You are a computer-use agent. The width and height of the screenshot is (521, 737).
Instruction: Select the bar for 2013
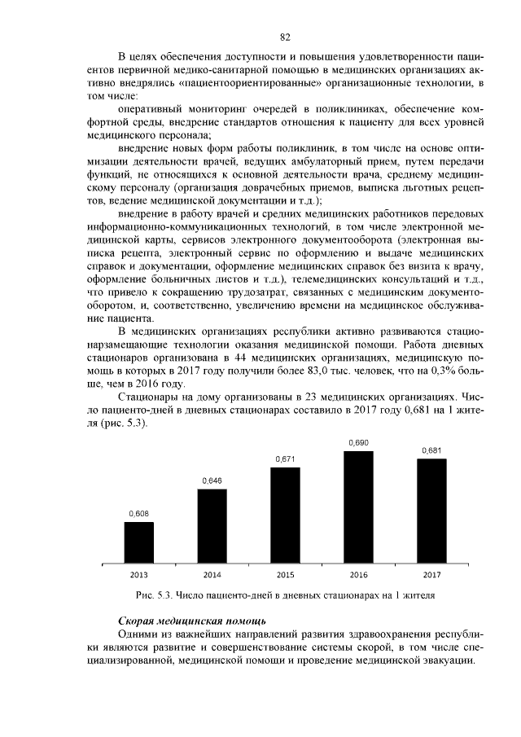coord(138,542)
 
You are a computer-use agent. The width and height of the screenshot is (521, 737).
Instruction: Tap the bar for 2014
coord(212,526)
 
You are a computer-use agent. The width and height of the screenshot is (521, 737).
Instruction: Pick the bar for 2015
coord(285,515)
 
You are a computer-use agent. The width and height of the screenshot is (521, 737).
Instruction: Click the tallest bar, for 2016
coord(358,507)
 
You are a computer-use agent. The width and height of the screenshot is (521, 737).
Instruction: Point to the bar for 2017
coord(431,511)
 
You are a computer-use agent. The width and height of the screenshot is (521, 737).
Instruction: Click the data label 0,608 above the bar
coord(138,513)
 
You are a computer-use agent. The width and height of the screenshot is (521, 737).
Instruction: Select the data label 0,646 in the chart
coord(212,481)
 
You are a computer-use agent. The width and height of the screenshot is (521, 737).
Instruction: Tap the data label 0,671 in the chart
coord(285,459)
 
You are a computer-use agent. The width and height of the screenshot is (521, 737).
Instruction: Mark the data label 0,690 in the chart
coord(358,442)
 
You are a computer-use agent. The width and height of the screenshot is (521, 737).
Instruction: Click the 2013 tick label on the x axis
coord(138,575)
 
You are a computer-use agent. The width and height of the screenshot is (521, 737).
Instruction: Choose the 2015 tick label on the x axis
coord(285,575)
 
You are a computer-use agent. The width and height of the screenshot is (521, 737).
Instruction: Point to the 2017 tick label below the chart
coord(431,575)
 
